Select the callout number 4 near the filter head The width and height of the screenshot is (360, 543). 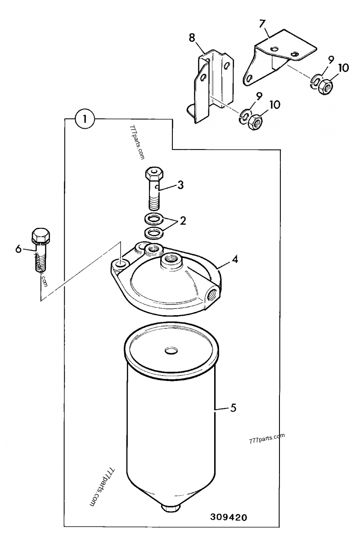235,260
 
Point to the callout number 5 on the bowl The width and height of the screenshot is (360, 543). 233,408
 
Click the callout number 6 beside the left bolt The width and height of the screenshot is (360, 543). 18,249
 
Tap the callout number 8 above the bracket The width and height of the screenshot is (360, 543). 192,37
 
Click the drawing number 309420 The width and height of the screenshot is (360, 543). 229,518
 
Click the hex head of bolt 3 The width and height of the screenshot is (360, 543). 154,173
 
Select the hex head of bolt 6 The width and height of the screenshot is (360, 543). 40,235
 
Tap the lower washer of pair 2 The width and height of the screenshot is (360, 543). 154,233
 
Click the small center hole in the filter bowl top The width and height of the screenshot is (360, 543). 171,350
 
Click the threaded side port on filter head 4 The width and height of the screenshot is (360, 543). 212,294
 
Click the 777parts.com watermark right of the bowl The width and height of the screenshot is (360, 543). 267,438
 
